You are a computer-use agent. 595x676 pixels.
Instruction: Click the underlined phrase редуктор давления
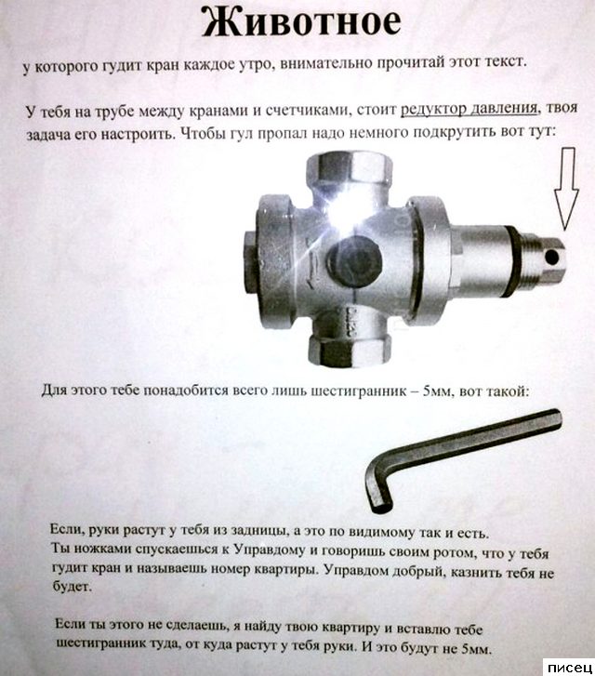point(469,109)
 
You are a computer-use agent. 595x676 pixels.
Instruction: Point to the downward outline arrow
point(566,189)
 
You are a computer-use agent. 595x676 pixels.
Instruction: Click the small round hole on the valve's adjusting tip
point(552,258)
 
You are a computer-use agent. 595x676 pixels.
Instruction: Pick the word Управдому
point(271,550)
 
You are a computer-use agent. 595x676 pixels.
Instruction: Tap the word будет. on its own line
point(72,586)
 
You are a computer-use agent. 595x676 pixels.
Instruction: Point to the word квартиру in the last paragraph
point(350,628)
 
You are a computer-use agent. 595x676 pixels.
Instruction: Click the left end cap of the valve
point(251,262)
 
